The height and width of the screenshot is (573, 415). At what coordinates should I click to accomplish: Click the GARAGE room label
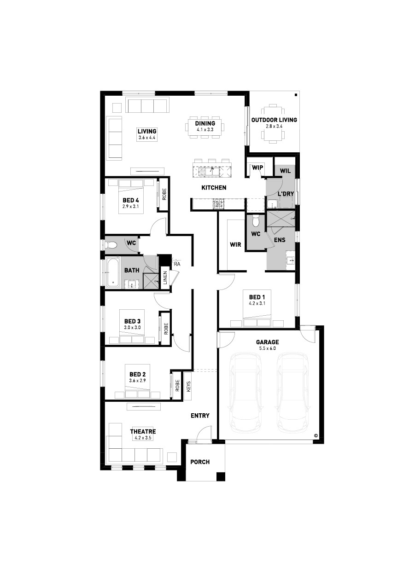click(267, 342)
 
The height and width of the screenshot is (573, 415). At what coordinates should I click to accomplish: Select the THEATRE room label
click(143, 432)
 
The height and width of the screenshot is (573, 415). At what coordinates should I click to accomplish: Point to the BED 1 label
click(257, 297)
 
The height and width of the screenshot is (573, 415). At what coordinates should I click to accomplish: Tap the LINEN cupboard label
click(165, 278)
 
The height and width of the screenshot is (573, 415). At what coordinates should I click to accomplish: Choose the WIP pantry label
click(257, 168)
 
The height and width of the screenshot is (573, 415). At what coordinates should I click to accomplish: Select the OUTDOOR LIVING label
click(274, 120)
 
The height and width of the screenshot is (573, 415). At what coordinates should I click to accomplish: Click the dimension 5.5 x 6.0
click(268, 348)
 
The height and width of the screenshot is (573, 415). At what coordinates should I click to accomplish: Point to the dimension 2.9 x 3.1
click(130, 206)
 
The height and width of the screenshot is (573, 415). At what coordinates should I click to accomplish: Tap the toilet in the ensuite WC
click(255, 221)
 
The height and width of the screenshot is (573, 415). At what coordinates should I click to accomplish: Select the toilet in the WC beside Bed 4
click(111, 246)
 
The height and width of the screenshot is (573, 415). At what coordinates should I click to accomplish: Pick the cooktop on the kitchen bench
click(218, 204)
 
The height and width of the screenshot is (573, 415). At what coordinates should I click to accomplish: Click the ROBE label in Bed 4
click(164, 194)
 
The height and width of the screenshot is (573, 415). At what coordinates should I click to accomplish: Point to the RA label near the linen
click(177, 264)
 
